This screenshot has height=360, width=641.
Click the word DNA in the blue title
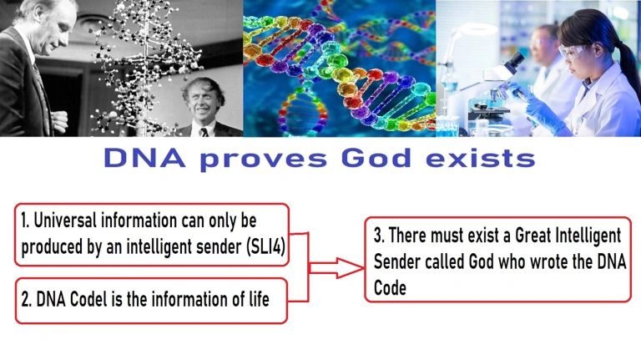144,158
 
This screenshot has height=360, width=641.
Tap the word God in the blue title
376,158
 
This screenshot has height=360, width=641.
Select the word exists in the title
481,159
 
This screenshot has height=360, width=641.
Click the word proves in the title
264,160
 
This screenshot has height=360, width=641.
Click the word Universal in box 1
65,221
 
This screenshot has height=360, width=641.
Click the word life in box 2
260,299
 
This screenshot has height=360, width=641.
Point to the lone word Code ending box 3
390,287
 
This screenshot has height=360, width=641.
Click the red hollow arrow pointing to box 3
336,268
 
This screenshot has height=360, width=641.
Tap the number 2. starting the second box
27,300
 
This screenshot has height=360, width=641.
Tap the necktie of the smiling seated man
204,132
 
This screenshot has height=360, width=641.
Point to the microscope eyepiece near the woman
517,60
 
